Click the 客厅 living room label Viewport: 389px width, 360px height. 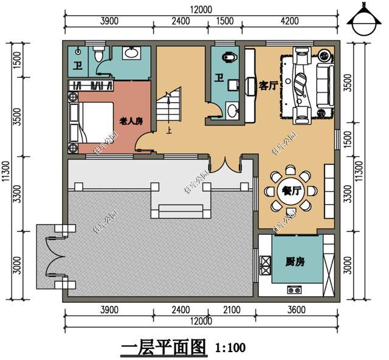[x=268, y=85]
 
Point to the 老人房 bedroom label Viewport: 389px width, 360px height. [x=130, y=121]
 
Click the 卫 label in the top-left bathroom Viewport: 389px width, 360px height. [x=78, y=66]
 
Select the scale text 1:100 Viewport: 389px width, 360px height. [x=230, y=348]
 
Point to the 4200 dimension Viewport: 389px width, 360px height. [x=289, y=21]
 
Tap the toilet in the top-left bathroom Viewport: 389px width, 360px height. [x=100, y=55]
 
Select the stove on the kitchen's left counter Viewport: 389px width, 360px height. [x=265, y=264]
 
